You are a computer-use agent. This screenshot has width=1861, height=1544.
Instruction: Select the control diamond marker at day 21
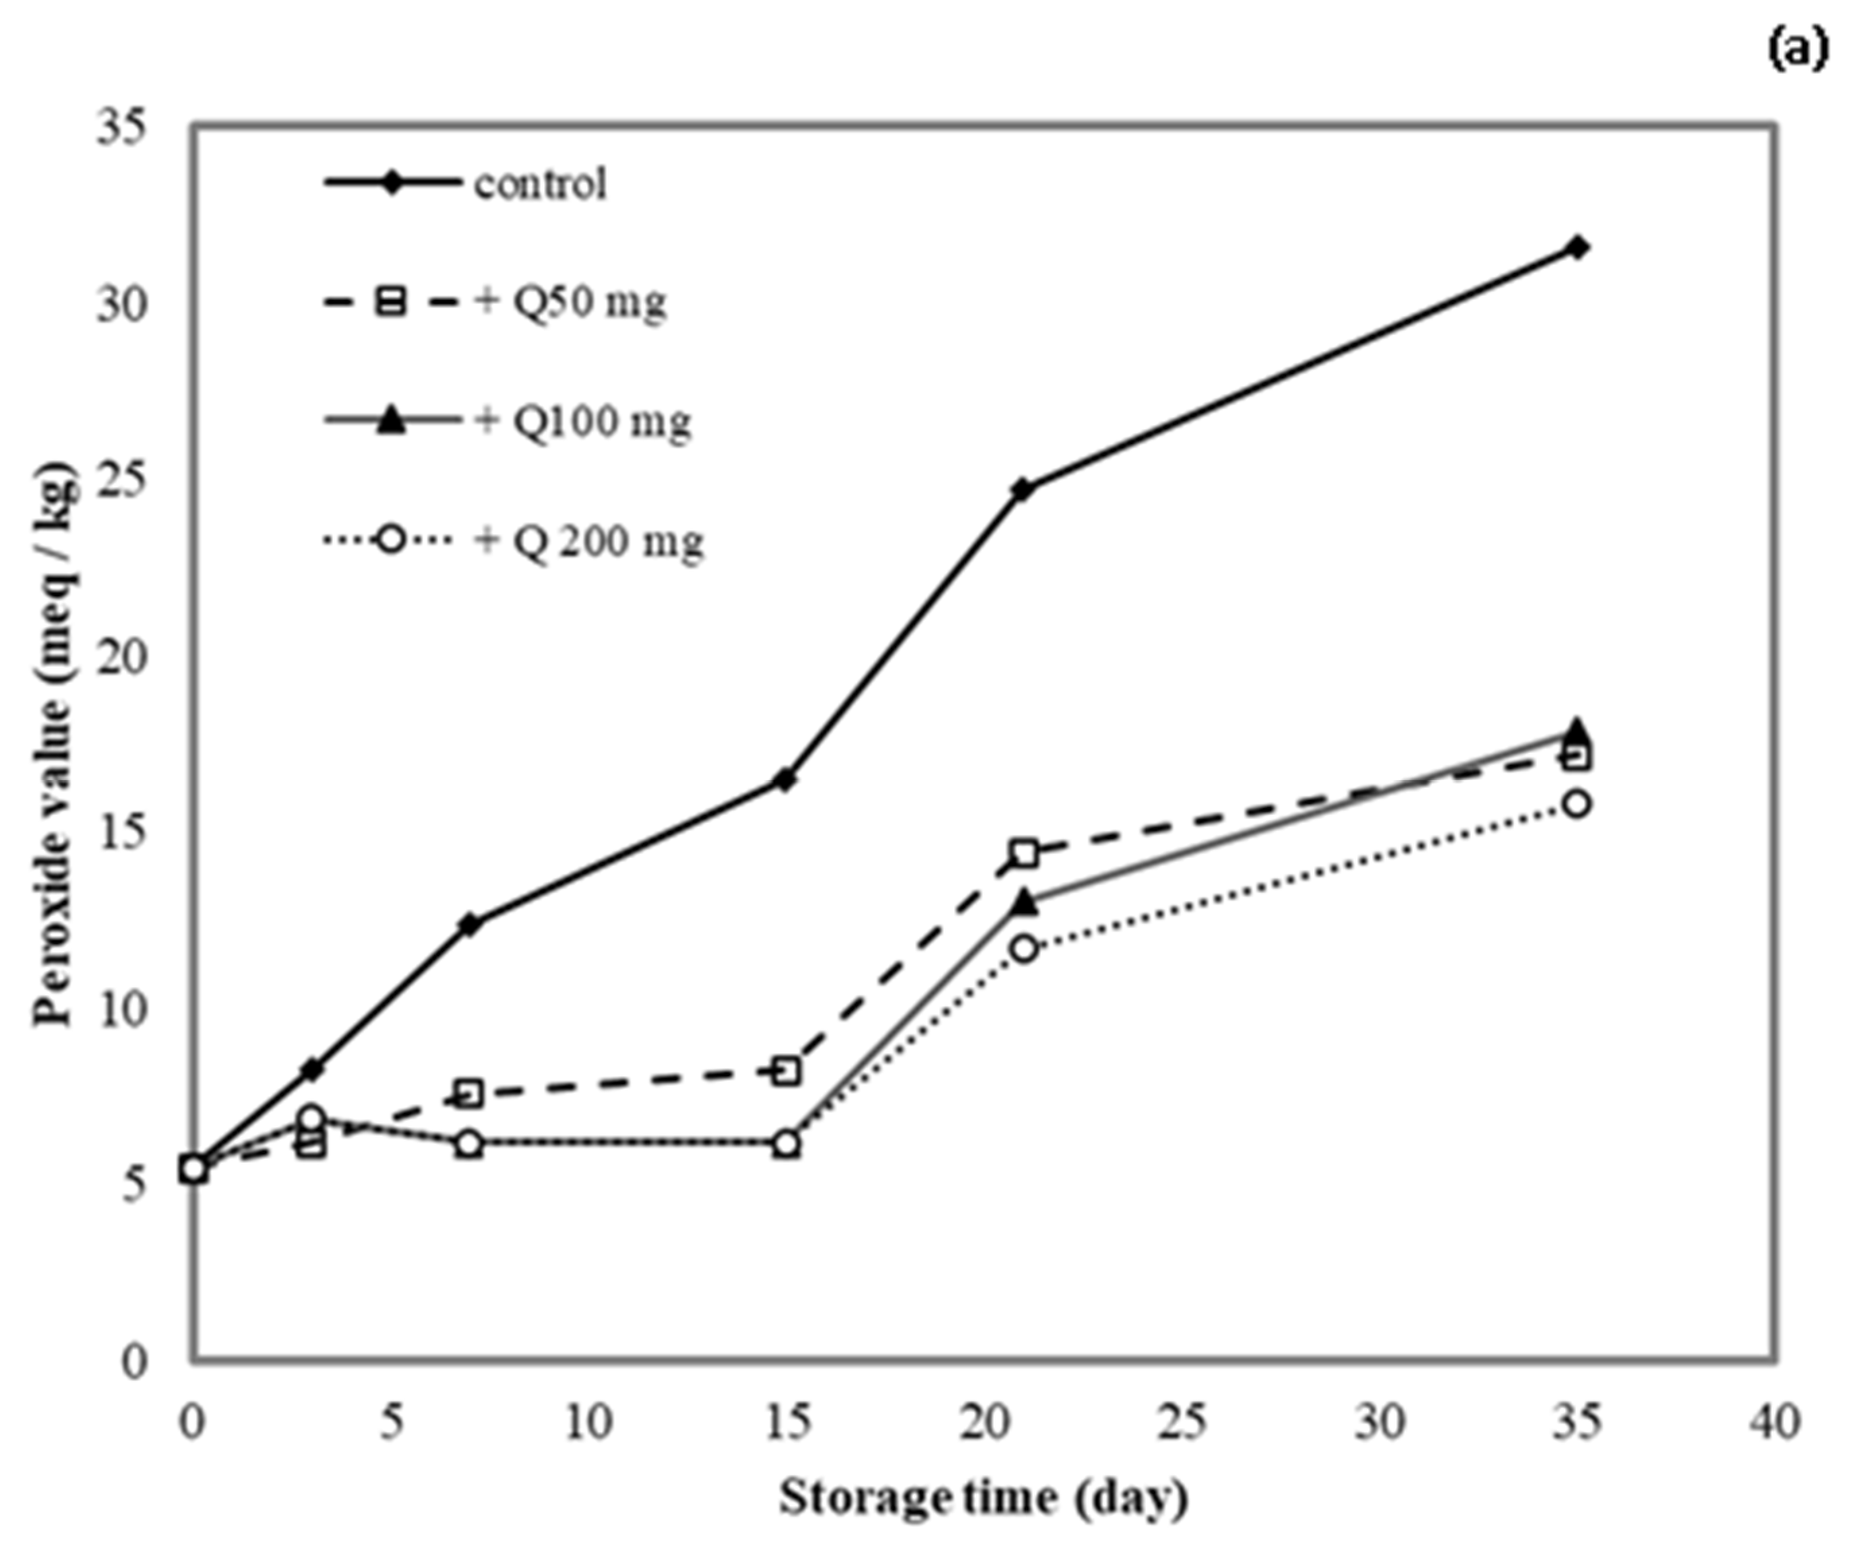click(x=1023, y=489)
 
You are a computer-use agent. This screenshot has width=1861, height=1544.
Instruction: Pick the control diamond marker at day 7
click(x=470, y=924)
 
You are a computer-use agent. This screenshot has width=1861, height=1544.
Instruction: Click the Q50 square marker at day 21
click(x=1024, y=853)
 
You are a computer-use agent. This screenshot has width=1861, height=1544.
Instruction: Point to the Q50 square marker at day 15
click(x=787, y=1071)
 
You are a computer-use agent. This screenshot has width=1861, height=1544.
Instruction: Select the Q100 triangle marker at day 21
click(x=1024, y=902)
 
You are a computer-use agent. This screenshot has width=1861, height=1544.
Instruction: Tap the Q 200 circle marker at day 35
click(x=1577, y=804)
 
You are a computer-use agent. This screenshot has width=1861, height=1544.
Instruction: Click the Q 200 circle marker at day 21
click(x=1024, y=949)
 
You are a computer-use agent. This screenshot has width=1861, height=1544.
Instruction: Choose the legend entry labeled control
click(x=541, y=184)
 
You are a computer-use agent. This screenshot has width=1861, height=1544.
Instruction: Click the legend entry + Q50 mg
click(x=572, y=303)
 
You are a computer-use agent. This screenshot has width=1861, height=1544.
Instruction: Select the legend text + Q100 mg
click(x=583, y=422)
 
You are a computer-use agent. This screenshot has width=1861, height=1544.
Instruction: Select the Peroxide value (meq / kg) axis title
click(x=55, y=744)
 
